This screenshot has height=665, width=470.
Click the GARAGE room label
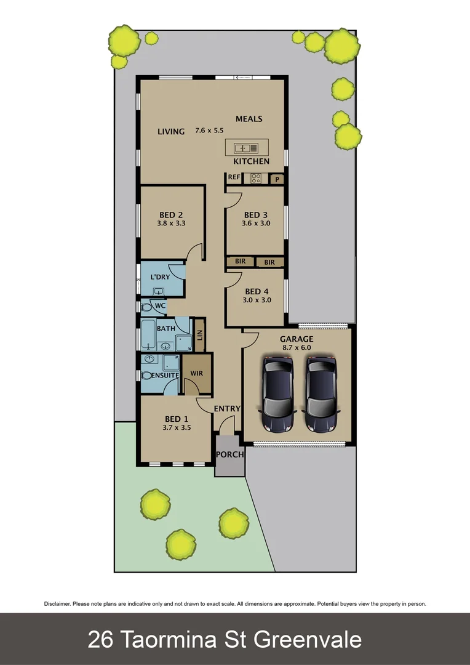297,339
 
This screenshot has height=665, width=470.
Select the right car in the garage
321,394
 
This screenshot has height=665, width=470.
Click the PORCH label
229,454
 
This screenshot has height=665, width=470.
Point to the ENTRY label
227,408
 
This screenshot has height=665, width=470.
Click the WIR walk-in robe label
197,373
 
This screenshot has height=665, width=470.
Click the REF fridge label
234,177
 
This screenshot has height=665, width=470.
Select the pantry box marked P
277,179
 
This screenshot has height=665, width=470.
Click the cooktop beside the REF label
256,179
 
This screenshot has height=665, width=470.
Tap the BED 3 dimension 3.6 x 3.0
256,224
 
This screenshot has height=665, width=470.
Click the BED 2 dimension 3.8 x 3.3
172,224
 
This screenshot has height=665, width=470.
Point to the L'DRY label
160,277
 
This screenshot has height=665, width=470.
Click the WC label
159,305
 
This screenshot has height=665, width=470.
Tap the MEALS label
249,119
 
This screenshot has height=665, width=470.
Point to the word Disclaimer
57,604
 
